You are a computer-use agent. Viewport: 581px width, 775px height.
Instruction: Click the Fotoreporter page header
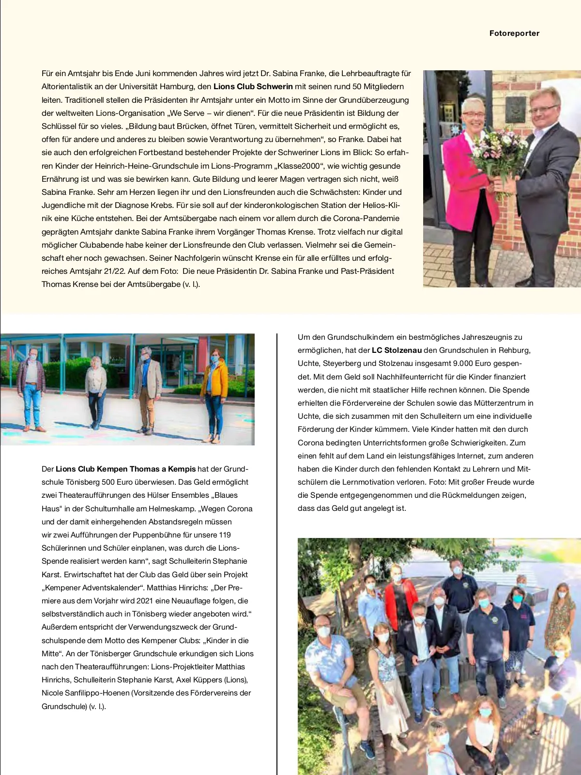coord(514,33)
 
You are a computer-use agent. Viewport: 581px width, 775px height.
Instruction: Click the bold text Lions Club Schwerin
coord(253,87)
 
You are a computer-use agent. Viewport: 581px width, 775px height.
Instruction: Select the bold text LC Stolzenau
coord(397,350)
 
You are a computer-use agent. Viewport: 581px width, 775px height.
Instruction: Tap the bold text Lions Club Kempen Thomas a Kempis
coord(125,469)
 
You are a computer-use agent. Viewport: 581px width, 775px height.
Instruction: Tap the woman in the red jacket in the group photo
coord(400,601)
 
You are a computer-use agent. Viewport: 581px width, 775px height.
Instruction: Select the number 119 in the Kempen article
coord(225,535)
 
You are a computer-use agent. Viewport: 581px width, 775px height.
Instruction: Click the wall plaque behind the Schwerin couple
coord(515,109)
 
